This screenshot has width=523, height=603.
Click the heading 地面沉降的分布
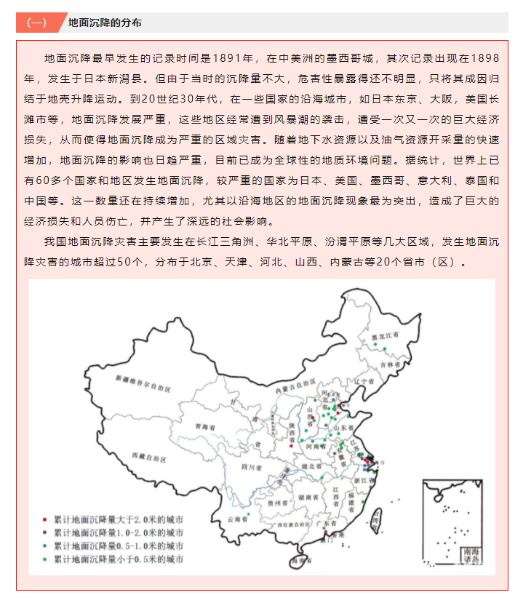[105, 23]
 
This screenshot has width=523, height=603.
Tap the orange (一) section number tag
[36, 23]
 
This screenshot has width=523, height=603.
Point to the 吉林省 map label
[390, 363]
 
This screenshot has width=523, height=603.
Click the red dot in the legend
[45, 520]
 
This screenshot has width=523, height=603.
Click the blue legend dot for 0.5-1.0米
[45, 546]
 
